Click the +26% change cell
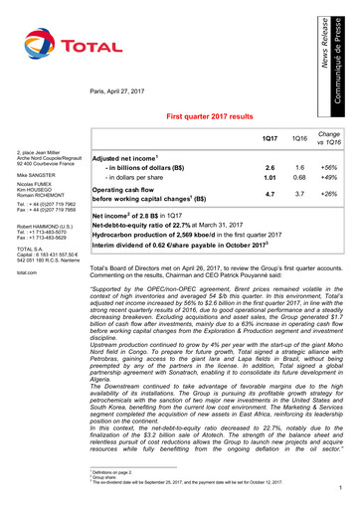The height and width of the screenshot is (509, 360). [329, 194]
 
